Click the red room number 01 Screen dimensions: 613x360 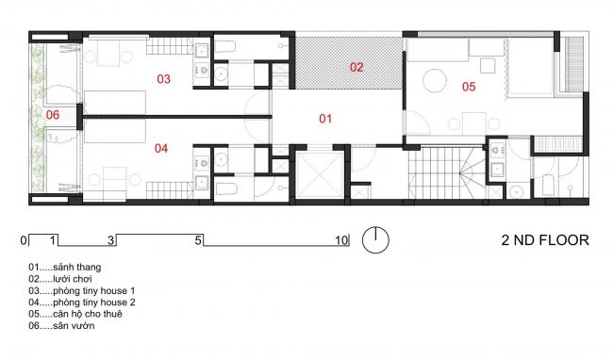tap(325, 119)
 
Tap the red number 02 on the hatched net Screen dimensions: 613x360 tap(356, 67)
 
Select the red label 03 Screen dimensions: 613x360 tap(163, 79)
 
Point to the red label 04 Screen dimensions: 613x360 tap(161, 148)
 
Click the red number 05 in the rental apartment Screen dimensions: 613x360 tap(469, 87)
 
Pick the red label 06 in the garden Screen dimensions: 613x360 tap(53, 115)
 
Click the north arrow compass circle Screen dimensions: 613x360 tap(375, 239)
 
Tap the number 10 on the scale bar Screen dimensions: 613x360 tap(341, 240)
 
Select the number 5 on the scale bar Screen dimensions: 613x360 tap(198, 240)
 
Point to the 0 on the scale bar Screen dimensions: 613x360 tap(24, 240)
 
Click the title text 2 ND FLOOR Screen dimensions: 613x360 tap(545, 240)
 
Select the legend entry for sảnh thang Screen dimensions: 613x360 tap(65, 268)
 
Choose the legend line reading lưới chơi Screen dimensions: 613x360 tap(60, 279)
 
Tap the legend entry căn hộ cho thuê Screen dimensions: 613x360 tap(75, 315)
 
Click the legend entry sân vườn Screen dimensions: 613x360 tap(61, 326)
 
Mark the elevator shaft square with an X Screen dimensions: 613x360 tap(319, 174)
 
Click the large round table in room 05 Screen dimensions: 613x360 tap(435, 81)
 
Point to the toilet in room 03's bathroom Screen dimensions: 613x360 tap(224, 46)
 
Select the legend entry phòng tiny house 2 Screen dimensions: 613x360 tap(82, 303)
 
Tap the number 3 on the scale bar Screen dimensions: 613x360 tap(111, 240)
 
